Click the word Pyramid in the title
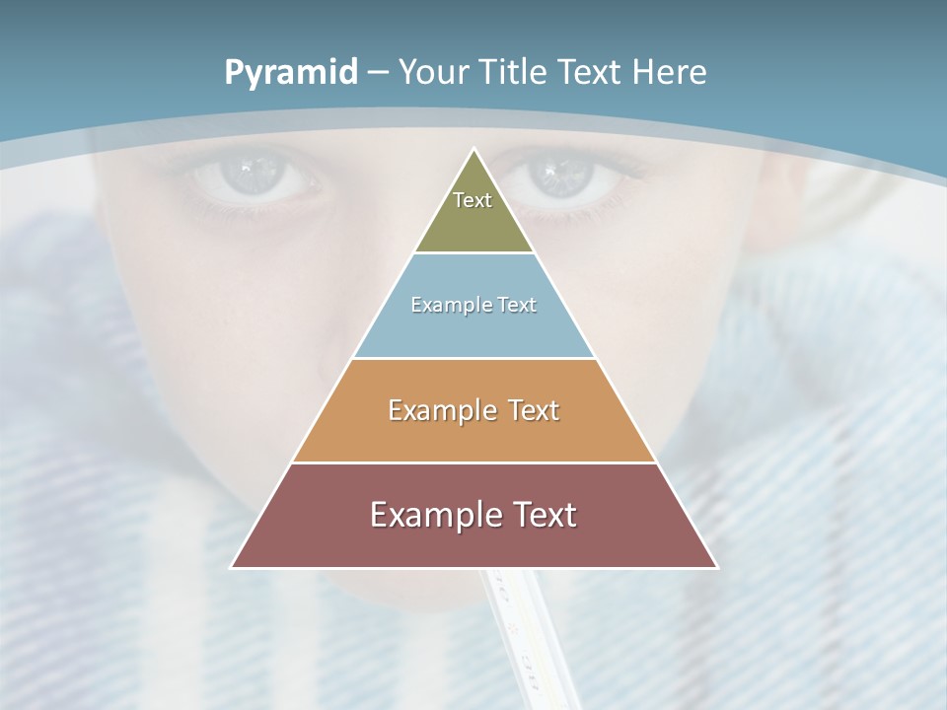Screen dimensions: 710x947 [290, 73]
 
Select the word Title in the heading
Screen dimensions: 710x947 [514, 72]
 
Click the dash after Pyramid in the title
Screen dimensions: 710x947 [377, 73]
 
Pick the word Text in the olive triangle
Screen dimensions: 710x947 [473, 200]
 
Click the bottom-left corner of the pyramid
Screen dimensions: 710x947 [232, 567]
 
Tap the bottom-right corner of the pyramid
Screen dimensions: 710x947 [717, 567]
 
